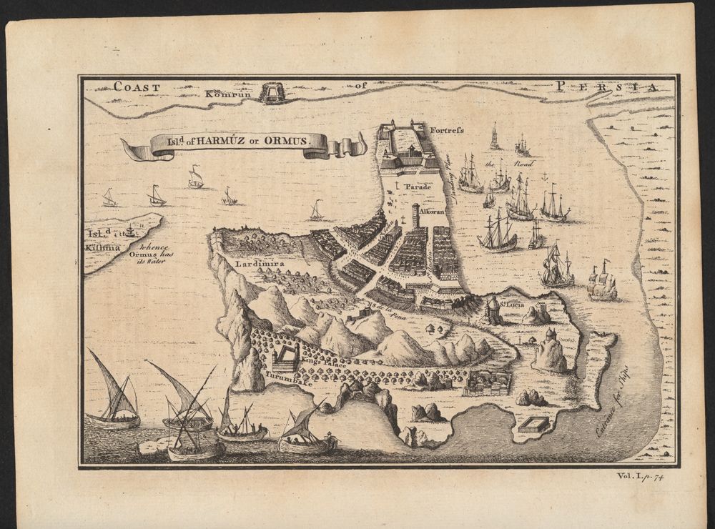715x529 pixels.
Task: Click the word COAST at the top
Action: pyautogui.click(x=137, y=87)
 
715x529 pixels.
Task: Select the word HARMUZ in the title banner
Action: pyautogui.click(x=214, y=142)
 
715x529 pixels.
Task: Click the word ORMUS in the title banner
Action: pyautogui.click(x=287, y=142)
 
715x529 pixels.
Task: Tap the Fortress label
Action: pyautogui.click(x=448, y=131)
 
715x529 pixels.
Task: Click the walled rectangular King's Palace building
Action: pyautogui.click(x=289, y=355)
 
